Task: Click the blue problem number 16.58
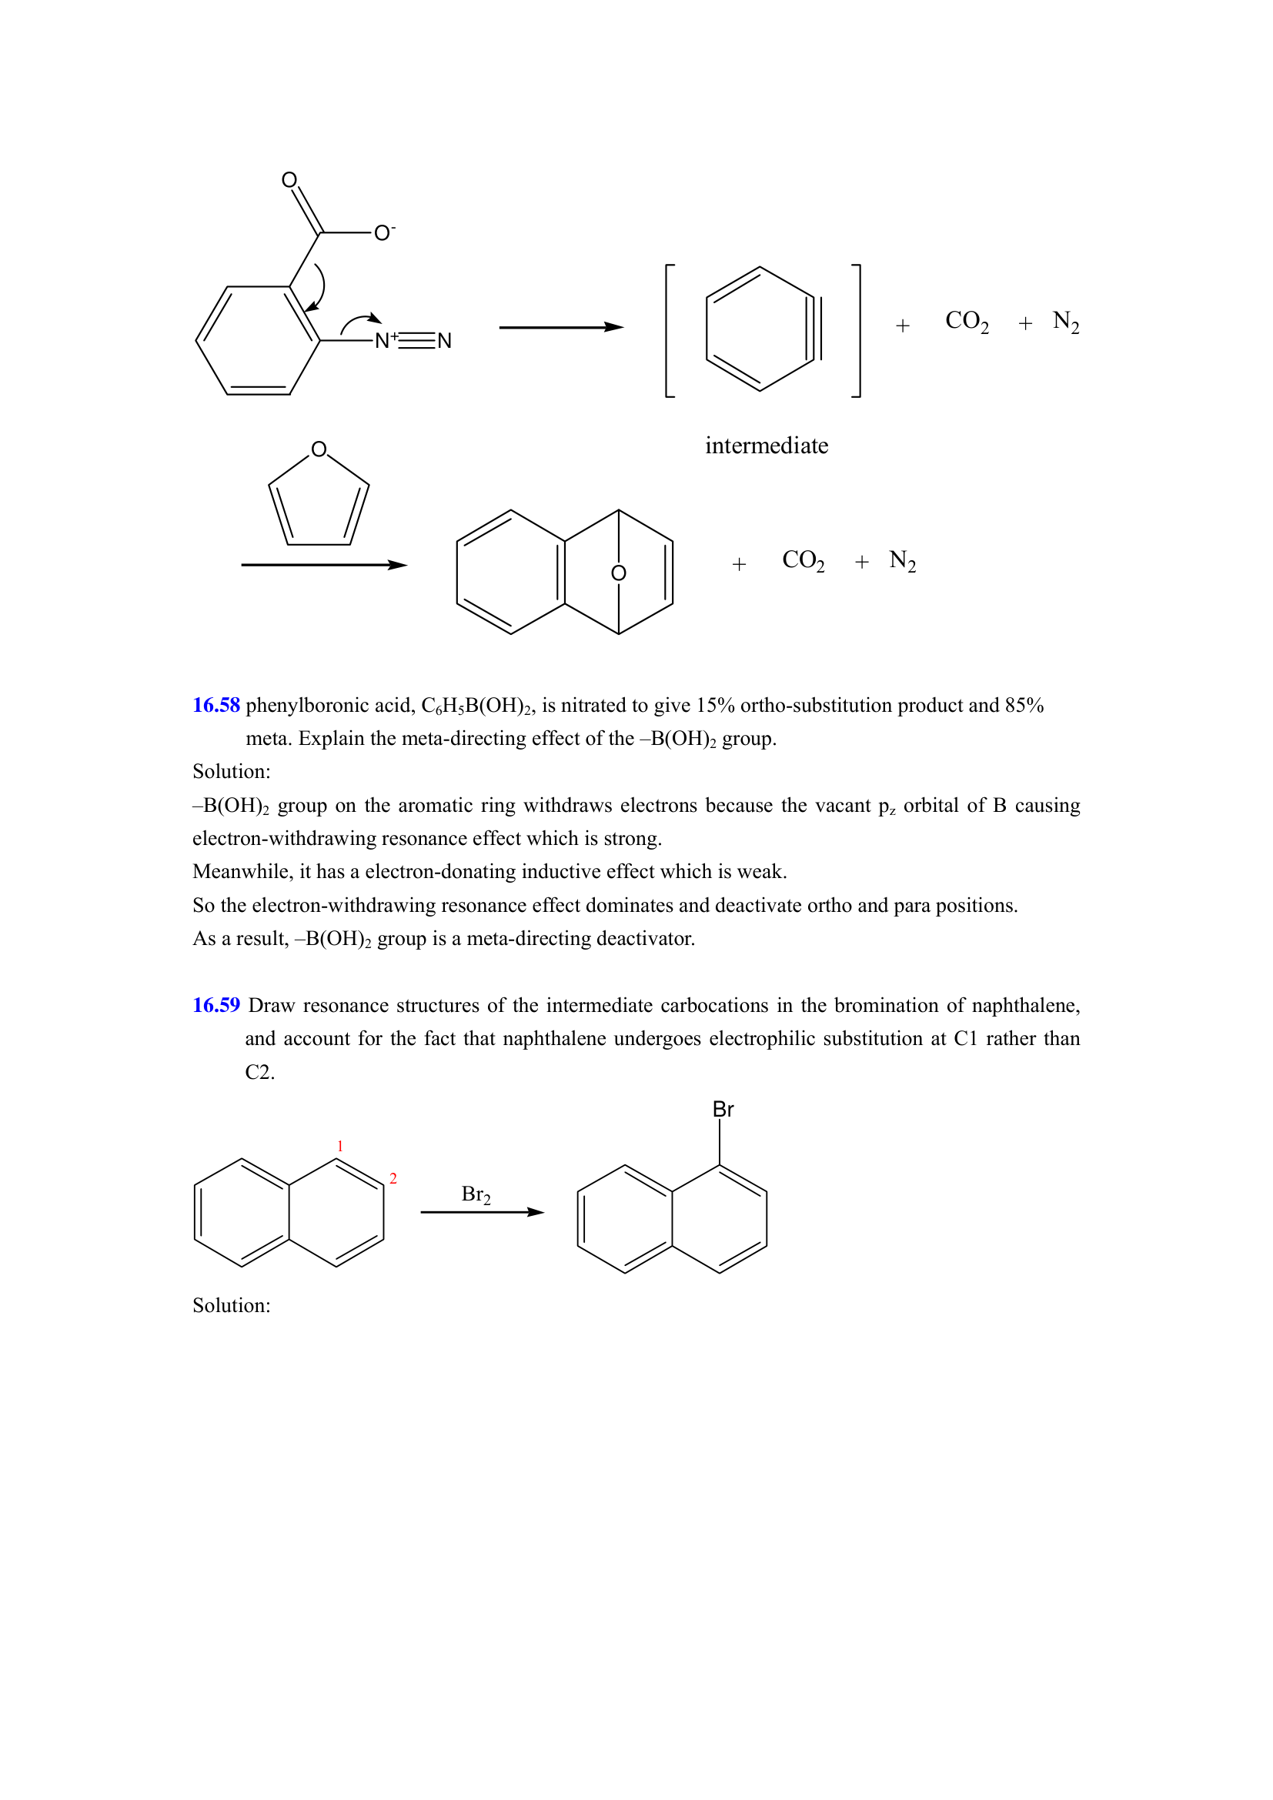(216, 705)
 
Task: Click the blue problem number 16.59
(216, 1005)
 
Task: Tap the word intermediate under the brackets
(766, 446)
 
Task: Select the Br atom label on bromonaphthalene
(723, 1110)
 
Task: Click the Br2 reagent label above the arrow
(476, 1194)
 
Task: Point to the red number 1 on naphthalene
(340, 1146)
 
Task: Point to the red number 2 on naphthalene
(393, 1178)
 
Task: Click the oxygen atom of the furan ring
(319, 449)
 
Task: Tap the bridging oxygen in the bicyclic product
(619, 573)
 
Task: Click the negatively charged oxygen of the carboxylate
(382, 233)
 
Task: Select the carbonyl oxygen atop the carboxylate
(289, 180)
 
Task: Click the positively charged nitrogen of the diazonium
(383, 340)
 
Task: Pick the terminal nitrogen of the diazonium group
(444, 340)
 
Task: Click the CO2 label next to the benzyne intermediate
(967, 322)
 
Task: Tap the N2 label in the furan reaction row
(902, 561)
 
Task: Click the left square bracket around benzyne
(670, 331)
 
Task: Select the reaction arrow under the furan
(324, 564)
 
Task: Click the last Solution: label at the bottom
(231, 1305)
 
